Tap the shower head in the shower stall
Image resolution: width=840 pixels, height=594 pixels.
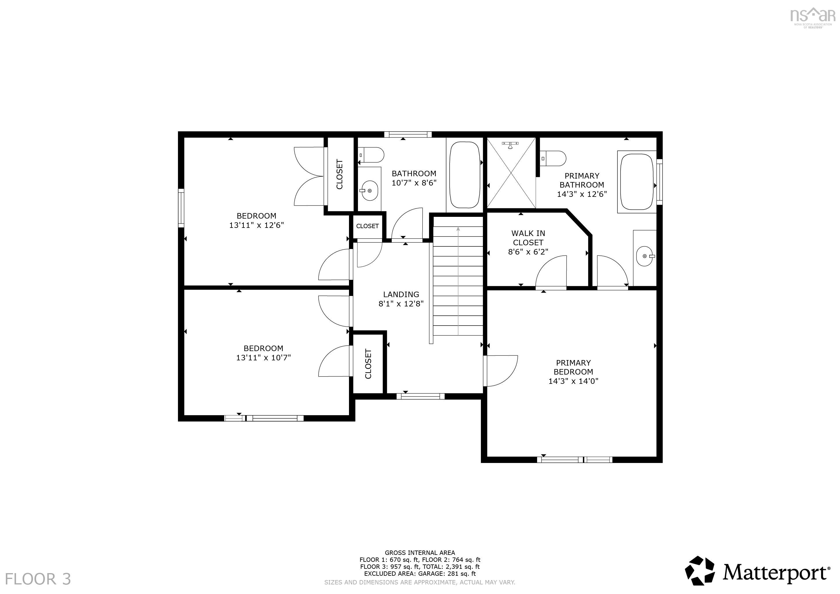(x=510, y=144)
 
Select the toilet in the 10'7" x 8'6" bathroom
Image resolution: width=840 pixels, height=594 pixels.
(x=371, y=155)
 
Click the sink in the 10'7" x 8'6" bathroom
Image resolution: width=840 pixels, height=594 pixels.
(x=369, y=190)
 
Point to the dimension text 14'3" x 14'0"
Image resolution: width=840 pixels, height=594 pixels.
(x=573, y=381)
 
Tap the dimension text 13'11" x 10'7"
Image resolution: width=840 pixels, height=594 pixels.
(x=263, y=357)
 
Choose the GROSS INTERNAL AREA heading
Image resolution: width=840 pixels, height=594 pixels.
(x=420, y=553)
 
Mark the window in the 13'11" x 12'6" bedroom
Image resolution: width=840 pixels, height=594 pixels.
(x=181, y=208)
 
